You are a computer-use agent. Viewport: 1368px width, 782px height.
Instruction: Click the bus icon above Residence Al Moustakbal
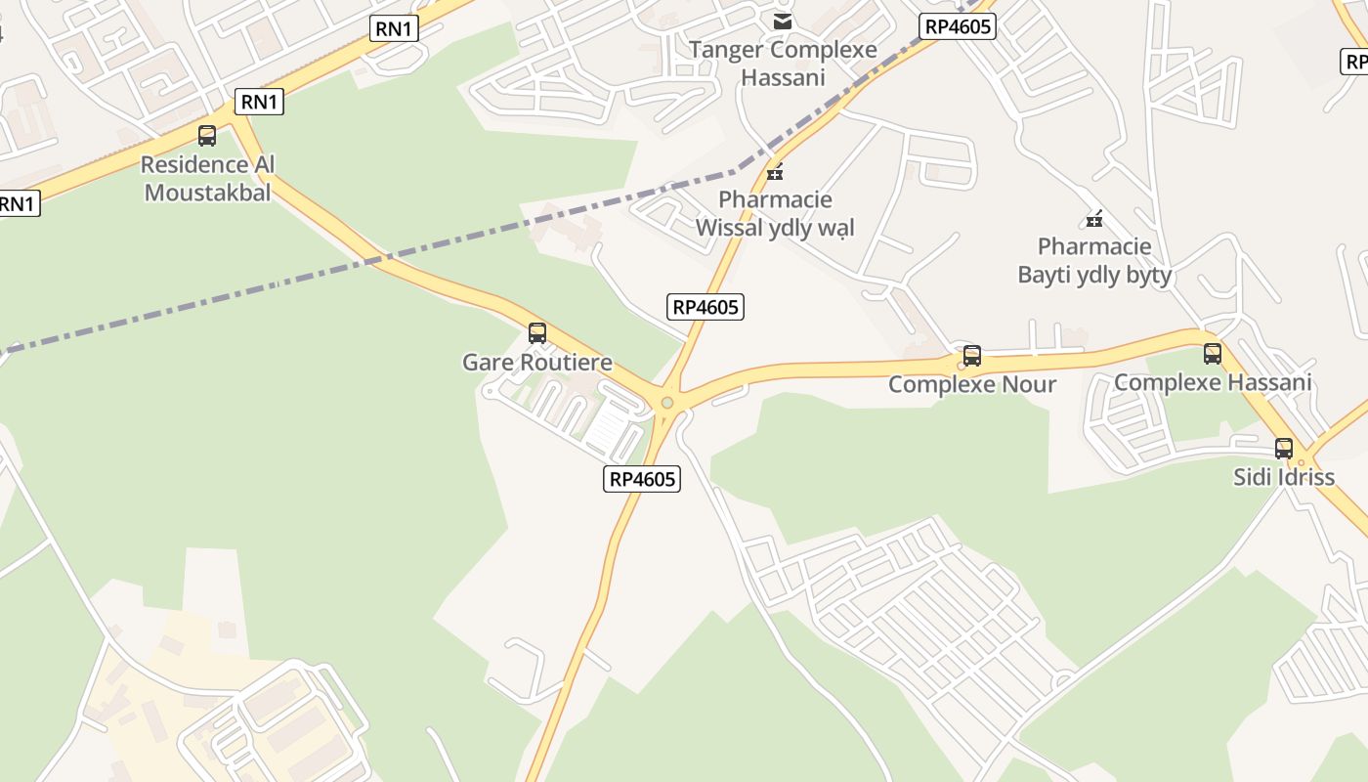207,136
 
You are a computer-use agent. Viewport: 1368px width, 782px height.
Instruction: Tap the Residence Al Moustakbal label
207,178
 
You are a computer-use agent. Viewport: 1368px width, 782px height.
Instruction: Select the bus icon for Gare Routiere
537,333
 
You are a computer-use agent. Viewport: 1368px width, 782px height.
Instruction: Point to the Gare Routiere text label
537,363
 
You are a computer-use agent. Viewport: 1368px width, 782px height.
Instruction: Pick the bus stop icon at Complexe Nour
972,356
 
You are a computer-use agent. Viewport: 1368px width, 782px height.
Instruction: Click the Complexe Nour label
972,384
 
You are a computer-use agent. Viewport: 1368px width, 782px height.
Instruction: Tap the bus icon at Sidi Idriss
1284,449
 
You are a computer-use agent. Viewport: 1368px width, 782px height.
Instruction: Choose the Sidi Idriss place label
1284,478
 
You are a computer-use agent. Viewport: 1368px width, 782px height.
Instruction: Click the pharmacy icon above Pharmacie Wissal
775,173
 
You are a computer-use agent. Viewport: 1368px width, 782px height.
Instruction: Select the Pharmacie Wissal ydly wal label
775,214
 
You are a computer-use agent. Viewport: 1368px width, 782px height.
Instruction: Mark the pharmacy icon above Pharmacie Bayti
1094,219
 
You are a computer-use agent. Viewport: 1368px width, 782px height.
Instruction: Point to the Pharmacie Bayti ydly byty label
1094,260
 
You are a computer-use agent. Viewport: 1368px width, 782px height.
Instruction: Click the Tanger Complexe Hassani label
783,64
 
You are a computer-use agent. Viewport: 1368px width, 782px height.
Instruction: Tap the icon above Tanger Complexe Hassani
783,21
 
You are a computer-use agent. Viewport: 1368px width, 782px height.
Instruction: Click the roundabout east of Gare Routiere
667,402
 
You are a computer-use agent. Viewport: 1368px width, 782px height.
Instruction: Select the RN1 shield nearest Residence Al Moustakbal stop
259,102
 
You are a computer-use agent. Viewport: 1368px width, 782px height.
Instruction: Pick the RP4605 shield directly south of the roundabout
642,479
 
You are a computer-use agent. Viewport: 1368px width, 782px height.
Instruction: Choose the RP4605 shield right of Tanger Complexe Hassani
958,26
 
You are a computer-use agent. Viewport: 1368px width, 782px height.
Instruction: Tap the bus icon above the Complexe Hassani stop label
1213,354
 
